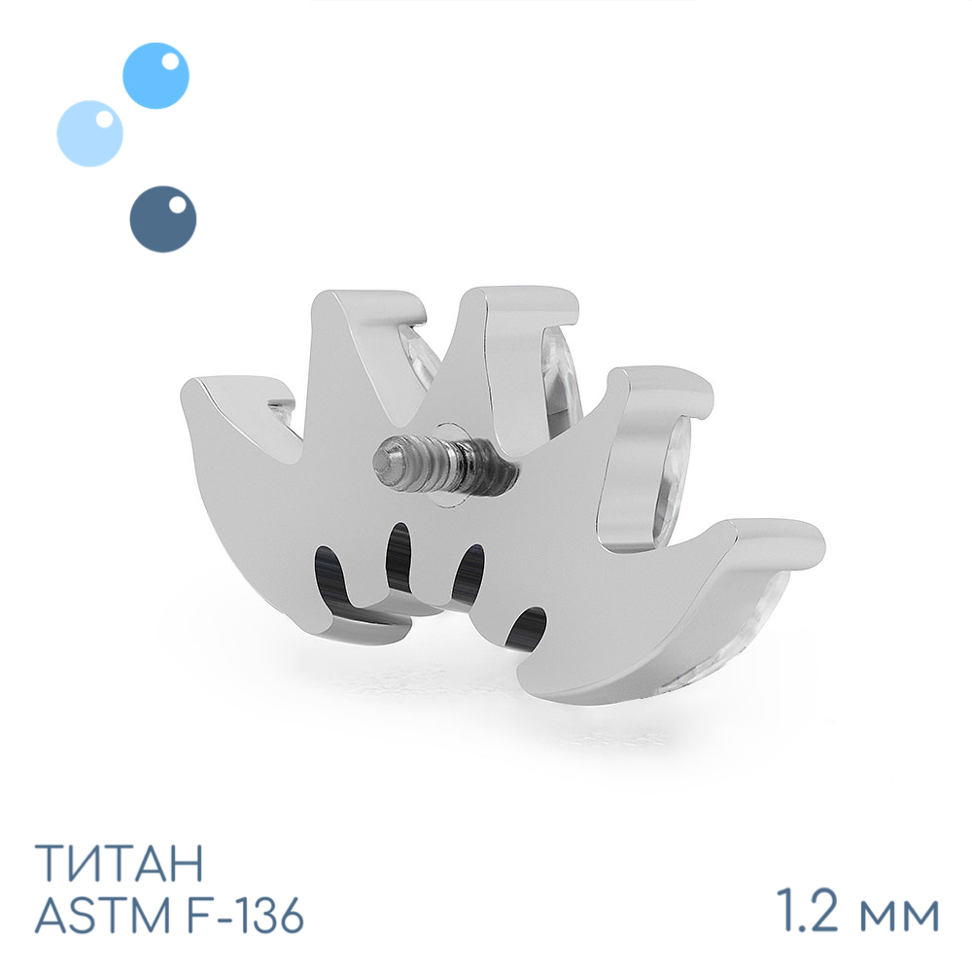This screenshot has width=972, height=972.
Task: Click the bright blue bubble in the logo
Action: [156, 76]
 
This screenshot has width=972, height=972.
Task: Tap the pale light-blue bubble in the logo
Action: [89, 133]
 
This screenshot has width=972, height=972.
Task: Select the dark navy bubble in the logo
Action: [163, 219]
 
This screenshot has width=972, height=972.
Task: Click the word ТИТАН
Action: [119, 863]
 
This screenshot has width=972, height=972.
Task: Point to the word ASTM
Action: [103, 915]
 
